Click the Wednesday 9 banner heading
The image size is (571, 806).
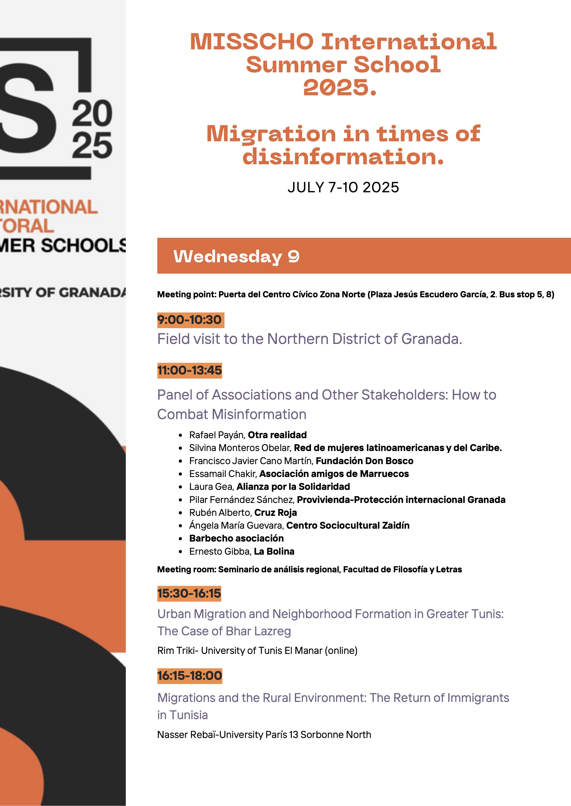click(236, 256)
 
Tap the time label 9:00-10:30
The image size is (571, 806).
click(189, 320)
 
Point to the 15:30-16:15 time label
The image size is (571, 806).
click(189, 593)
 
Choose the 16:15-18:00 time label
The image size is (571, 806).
click(189, 676)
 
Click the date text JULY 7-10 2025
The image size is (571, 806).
click(343, 187)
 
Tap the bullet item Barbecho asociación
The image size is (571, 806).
click(236, 538)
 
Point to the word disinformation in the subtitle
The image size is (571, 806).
click(343, 157)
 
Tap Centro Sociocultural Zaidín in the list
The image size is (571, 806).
click(348, 525)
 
